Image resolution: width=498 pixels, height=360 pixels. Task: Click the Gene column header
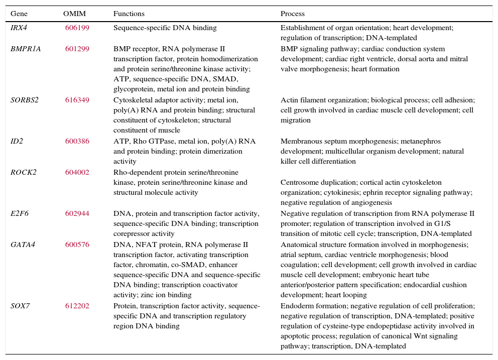click(19, 14)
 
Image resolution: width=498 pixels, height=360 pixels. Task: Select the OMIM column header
click(74, 14)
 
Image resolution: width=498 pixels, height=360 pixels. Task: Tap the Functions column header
click(129, 14)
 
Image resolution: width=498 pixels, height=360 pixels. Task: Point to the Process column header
click(293, 14)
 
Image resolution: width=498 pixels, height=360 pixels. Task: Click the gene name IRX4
click(19, 28)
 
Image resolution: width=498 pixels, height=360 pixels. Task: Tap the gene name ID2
click(17, 142)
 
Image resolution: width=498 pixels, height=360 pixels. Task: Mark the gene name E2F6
click(20, 213)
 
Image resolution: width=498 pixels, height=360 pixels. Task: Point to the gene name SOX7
click(20, 306)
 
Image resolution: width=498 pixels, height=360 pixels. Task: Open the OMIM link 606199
click(77, 28)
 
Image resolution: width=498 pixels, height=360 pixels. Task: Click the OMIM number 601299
click(77, 49)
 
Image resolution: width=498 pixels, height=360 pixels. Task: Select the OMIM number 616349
click(77, 100)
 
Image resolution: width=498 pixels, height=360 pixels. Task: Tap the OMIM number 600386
click(77, 142)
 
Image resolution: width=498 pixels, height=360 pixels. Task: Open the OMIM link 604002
click(77, 172)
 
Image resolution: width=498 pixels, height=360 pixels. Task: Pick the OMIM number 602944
click(77, 213)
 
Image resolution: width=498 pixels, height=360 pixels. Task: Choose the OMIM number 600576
click(77, 245)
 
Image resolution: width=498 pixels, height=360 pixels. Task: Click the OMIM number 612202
click(77, 306)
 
